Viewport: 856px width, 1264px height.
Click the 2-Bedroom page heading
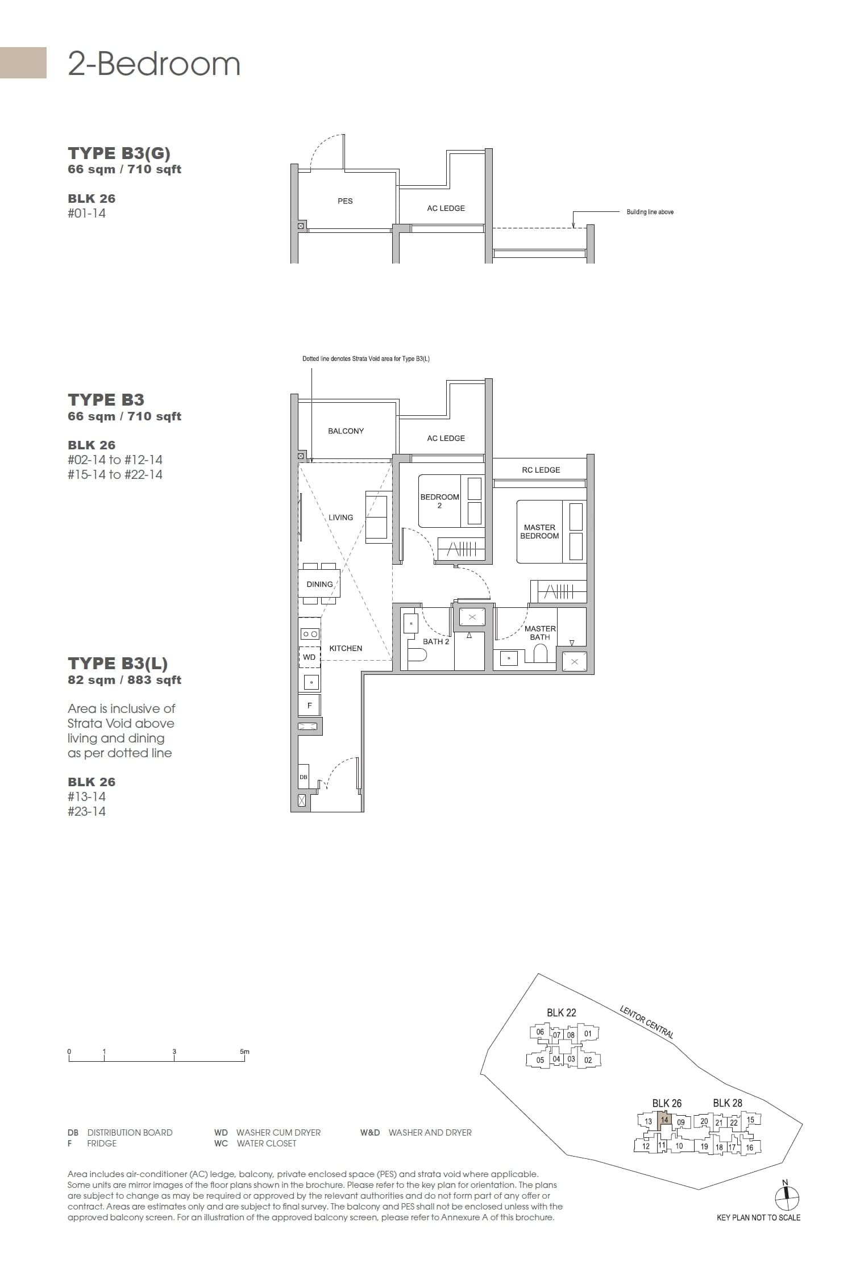(x=154, y=64)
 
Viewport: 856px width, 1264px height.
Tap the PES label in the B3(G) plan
(x=345, y=201)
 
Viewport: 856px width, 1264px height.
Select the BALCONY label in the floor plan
(x=346, y=431)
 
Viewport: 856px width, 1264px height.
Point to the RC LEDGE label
(x=541, y=470)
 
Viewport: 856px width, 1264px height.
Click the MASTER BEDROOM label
(x=539, y=532)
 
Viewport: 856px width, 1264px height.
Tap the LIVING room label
(x=340, y=518)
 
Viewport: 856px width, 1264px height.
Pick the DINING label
(x=319, y=584)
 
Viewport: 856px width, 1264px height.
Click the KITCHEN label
(x=346, y=648)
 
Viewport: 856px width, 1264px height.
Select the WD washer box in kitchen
(x=309, y=657)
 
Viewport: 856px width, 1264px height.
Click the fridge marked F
(x=310, y=706)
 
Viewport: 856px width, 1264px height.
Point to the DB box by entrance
(x=304, y=777)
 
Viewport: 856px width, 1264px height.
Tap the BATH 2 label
(x=436, y=641)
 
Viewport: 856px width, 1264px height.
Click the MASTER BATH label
(x=540, y=633)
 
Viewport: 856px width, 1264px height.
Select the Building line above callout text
(x=650, y=212)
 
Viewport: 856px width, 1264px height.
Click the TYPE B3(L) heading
(x=118, y=664)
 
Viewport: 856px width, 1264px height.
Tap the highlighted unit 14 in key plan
(x=664, y=1120)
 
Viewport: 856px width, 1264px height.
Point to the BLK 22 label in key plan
(x=561, y=1012)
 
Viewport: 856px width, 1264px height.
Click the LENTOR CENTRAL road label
(x=646, y=1021)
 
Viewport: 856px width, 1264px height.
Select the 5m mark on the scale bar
(x=244, y=1052)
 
